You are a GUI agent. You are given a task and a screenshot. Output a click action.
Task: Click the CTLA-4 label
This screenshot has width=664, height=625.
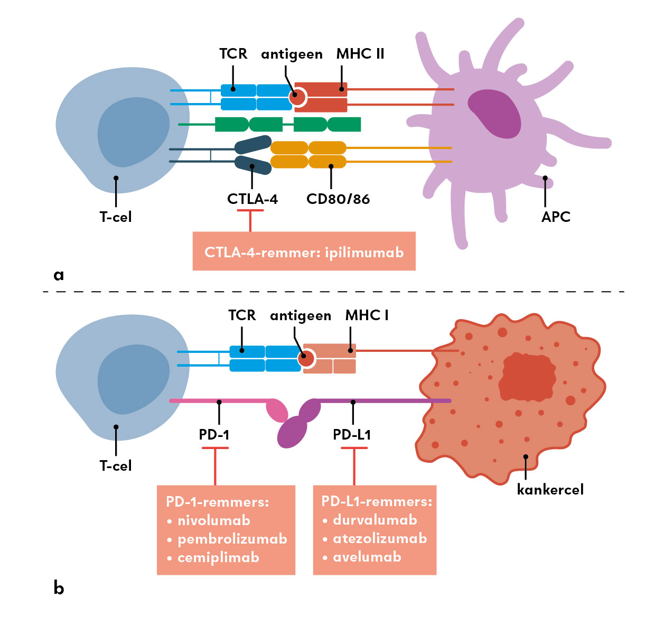point(252,199)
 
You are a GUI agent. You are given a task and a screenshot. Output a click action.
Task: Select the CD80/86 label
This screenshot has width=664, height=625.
point(338,199)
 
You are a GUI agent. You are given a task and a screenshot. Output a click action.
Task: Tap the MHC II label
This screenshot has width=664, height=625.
point(360,54)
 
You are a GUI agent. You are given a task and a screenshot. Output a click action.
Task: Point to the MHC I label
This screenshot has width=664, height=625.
point(367,315)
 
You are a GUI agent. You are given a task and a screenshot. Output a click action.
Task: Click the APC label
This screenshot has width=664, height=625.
point(556,217)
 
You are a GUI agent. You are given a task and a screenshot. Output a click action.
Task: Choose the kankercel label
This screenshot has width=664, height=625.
point(550,490)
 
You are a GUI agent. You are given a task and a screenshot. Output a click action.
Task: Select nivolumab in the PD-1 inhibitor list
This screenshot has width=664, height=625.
point(214,520)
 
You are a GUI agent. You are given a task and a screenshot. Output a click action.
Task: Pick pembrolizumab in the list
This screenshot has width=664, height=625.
point(232,539)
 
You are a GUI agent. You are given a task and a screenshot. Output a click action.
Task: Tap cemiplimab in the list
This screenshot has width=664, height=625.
point(218,557)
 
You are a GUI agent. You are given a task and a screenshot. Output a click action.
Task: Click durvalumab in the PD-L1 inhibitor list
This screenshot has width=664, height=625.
point(375,520)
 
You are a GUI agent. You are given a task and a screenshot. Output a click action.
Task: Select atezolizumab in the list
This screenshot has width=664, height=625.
point(380,538)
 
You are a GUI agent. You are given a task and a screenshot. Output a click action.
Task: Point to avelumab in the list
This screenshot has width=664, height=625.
point(367,557)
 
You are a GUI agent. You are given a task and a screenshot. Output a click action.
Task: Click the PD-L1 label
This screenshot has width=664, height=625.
point(352,435)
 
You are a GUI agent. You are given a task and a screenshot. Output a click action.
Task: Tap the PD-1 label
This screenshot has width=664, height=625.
point(214,435)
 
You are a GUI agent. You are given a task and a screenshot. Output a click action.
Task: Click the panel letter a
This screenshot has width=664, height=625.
point(59,275)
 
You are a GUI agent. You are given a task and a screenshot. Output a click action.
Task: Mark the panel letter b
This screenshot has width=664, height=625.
point(59,587)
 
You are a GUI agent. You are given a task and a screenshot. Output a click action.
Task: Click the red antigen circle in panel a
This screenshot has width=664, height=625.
point(298,97)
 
